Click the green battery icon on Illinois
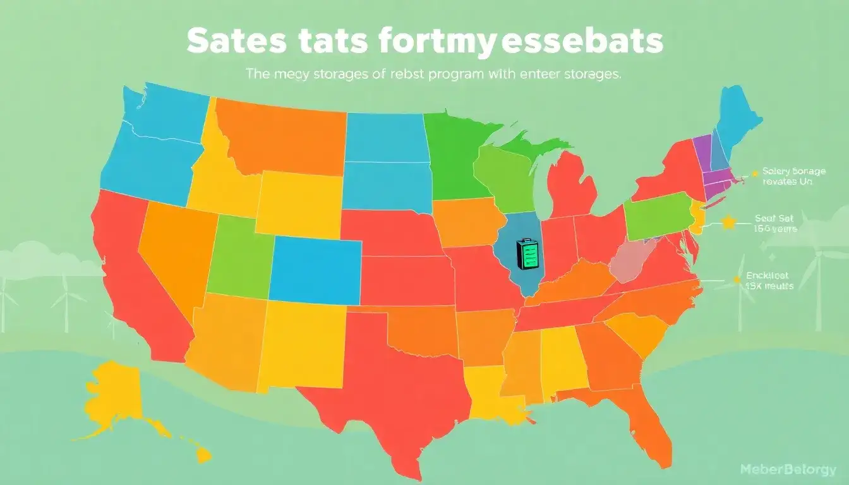point(526,255)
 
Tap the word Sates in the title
point(231,42)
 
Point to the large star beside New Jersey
point(730,222)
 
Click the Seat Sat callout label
point(775,224)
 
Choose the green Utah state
point(240,256)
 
